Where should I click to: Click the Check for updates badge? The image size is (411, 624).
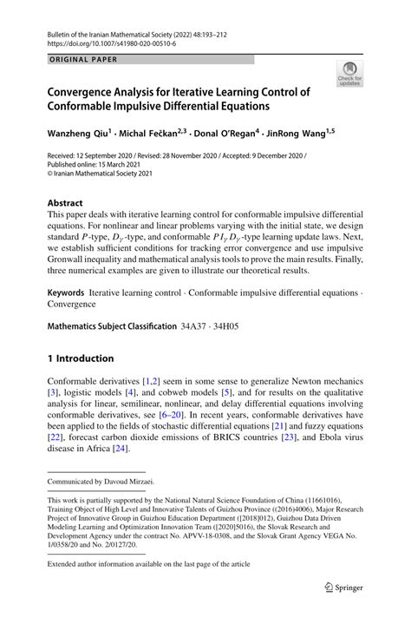pos(350,75)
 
